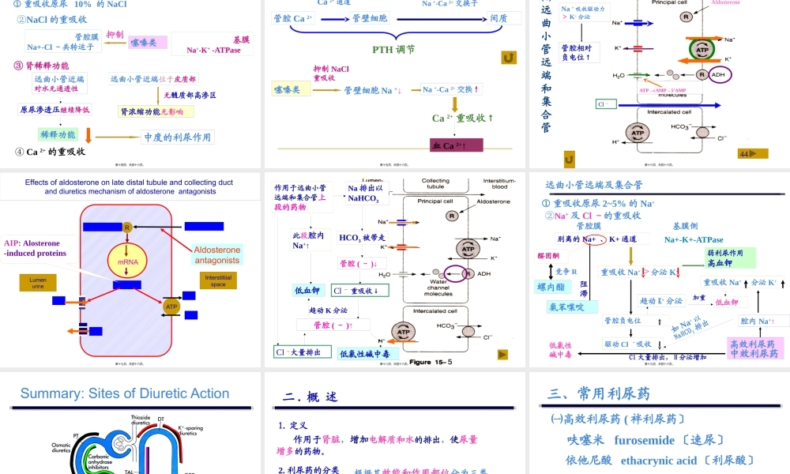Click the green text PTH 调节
tap(393, 50)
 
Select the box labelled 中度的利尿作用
tap(177, 137)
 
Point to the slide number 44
tap(746, 154)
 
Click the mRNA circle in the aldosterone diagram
tap(127, 261)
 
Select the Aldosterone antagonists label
tap(217, 254)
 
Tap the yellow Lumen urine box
tap(38, 282)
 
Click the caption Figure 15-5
tap(431, 363)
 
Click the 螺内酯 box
tap(555, 287)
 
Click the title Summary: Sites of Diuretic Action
tap(125, 393)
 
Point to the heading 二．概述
tap(310, 397)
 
